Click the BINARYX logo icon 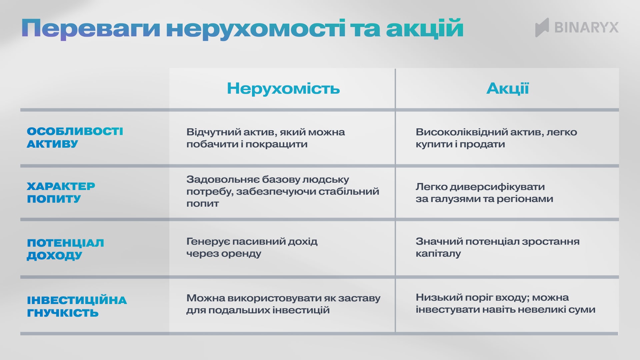pyautogui.click(x=542, y=27)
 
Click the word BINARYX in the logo pyautogui.click(x=586, y=27)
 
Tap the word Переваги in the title pyautogui.click(x=91, y=29)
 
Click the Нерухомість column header pyautogui.click(x=283, y=89)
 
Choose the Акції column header pyautogui.click(x=507, y=89)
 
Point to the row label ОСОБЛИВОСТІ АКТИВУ pyautogui.click(x=75, y=138)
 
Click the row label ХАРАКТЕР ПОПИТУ pyautogui.click(x=61, y=192)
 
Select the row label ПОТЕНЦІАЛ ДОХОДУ pyautogui.click(x=65, y=249)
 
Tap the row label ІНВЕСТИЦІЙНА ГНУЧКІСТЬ pyautogui.click(x=77, y=306)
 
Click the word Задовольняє pyautogui.click(x=222, y=180)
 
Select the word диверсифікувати pyautogui.click(x=497, y=187)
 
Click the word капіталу pyautogui.click(x=438, y=254)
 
